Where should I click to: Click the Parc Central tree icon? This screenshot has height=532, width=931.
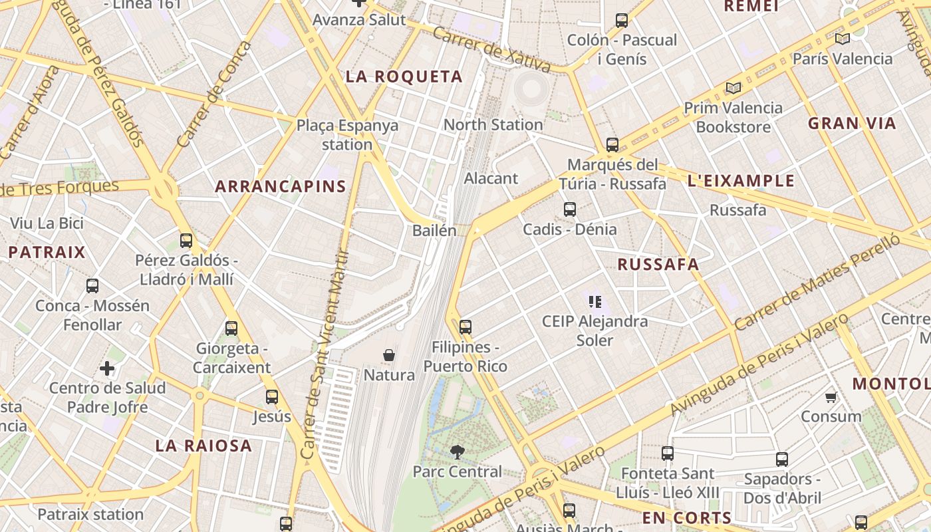457,452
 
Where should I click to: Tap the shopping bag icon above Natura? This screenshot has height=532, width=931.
389,356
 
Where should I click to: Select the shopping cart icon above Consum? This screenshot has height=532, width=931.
831,398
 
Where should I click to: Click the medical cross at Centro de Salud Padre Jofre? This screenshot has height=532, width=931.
107,368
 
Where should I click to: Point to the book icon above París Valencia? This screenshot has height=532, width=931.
843,39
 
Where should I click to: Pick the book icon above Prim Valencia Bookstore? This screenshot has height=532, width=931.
733,88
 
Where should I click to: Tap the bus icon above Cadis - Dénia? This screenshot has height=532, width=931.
570,209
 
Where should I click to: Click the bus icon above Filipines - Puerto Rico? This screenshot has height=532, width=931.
465,327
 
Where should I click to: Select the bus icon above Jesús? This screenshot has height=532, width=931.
272,397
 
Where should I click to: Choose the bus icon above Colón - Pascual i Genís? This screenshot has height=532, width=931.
622,21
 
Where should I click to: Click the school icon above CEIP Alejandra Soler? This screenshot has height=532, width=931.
595,302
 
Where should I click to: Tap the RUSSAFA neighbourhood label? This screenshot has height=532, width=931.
658,264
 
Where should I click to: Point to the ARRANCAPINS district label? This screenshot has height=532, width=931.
281,187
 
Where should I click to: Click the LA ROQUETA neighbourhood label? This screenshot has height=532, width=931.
404,76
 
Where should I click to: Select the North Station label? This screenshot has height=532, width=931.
493,124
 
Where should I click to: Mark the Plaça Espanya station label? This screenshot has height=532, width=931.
347,134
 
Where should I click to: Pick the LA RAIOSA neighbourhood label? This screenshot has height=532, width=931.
203,446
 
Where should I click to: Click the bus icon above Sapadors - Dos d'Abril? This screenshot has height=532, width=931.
782,460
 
